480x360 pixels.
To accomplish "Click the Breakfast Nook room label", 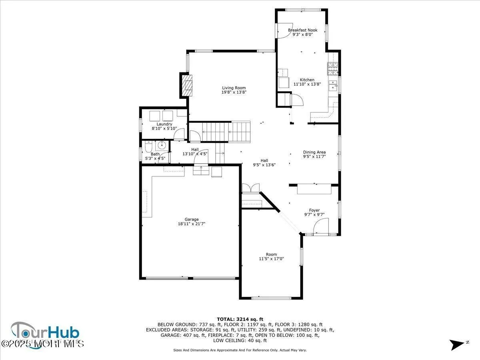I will (302, 30).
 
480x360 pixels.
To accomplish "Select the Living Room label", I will (234, 88).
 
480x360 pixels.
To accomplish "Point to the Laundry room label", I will (164, 124).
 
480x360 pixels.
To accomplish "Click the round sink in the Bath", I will (162, 145).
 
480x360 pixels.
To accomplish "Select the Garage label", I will (192, 219).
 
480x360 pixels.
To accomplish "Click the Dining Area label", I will (314, 152).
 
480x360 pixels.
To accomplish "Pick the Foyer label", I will (314, 210).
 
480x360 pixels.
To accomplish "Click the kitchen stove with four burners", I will (333, 69).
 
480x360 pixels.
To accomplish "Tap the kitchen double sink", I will (332, 86).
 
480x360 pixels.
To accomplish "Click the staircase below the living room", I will (226, 132).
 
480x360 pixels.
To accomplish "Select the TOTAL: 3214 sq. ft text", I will (240, 319).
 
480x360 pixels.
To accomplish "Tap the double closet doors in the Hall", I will (251, 188).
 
